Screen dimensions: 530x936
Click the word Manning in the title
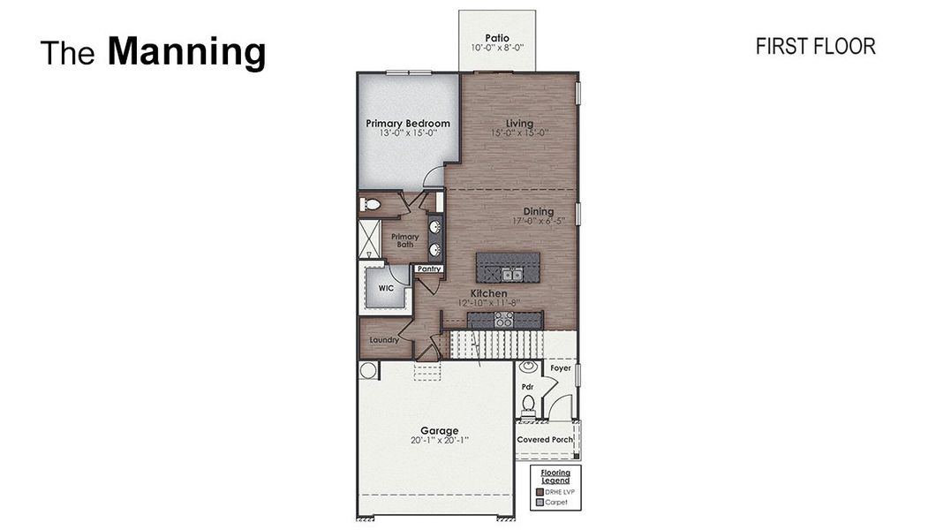click(186, 52)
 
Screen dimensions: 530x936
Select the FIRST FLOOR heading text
click(815, 47)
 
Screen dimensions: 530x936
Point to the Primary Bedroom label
click(408, 123)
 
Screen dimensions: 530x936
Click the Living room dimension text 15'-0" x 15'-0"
click(519, 133)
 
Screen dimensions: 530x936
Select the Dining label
click(538, 211)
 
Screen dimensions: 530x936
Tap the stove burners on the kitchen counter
click(504, 322)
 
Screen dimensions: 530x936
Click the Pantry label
click(429, 269)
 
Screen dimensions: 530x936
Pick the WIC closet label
click(385, 288)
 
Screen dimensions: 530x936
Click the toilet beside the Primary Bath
click(371, 205)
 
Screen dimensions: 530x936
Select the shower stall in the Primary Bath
click(369, 238)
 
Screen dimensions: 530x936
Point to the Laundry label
click(384, 339)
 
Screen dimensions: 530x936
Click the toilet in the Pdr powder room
click(528, 405)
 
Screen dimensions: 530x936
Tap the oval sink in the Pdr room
click(528, 366)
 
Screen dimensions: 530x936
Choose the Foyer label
click(561, 368)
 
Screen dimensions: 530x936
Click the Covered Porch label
click(545, 439)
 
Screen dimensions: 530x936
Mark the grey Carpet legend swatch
click(539, 502)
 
